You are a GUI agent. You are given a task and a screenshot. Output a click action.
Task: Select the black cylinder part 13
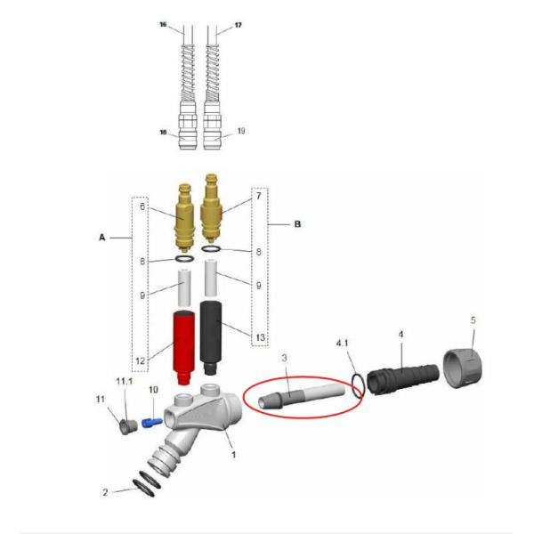(x=211, y=337)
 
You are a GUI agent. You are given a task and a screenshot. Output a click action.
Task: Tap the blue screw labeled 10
(x=152, y=423)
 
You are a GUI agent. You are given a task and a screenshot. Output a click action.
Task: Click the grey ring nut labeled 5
(x=463, y=368)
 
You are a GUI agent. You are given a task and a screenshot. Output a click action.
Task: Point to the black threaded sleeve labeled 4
(x=403, y=379)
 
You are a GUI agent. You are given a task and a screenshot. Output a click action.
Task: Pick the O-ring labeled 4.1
(x=359, y=386)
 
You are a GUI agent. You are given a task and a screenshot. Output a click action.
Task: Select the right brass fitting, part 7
(x=212, y=207)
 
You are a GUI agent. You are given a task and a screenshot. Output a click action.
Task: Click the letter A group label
(x=102, y=238)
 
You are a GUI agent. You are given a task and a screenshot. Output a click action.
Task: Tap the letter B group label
(x=297, y=224)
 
